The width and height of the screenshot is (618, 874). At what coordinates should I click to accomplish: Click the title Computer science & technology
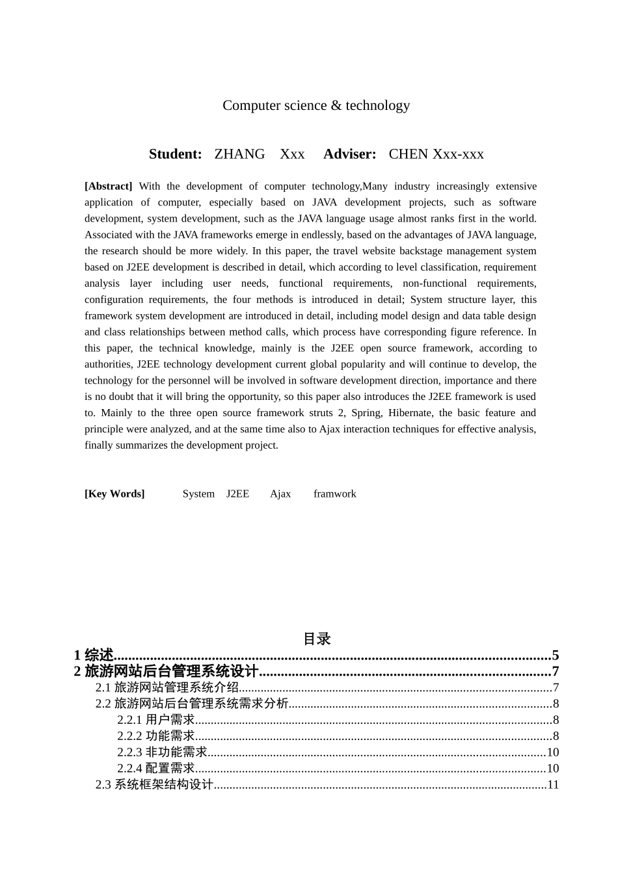coord(316,105)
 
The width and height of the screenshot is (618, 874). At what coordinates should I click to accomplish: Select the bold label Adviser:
coord(350,154)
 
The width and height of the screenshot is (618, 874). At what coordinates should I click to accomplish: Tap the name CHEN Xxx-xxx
coord(436,154)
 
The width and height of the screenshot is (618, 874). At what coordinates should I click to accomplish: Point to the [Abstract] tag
coord(108,186)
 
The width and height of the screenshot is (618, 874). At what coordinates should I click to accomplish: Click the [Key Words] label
coord(114,494)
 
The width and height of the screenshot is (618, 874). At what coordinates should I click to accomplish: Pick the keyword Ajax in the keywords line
coord(280,494)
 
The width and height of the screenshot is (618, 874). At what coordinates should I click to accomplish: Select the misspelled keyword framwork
coord(334,494)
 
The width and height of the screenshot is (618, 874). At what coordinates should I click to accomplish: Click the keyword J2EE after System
coord(237,494)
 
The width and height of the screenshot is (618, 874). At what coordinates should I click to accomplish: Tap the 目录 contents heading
coord(317,639)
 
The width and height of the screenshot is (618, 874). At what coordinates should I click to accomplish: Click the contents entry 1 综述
coord(94,655)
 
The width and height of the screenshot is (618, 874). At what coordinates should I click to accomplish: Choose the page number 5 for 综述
coord(556,655)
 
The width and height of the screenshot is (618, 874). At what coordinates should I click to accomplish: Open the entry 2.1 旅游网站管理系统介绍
coord(167,687)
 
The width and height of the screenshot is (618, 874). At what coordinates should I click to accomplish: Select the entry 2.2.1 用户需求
coord(156,720)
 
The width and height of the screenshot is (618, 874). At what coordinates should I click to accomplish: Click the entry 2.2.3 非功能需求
coord(162,752)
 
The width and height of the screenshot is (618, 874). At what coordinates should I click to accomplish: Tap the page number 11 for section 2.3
coord(553,785)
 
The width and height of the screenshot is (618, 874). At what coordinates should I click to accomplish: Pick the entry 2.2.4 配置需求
coord(156,769)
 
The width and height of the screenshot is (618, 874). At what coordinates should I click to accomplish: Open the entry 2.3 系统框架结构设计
coord(155,785)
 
